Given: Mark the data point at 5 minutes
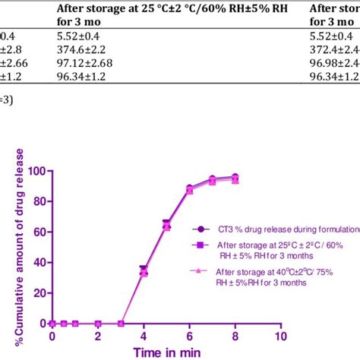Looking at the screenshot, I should (166, 225).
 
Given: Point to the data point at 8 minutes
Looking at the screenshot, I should (235, 178).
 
